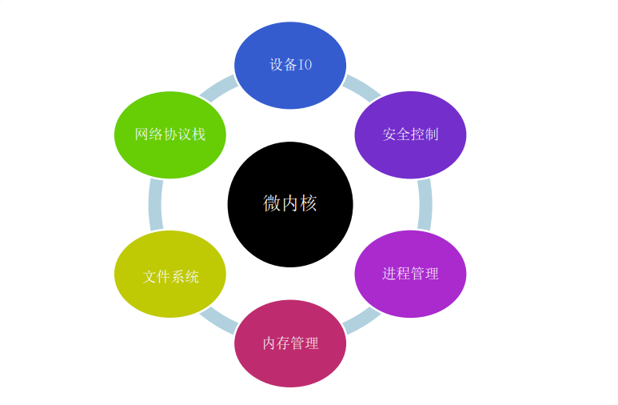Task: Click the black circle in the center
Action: click(290, 232)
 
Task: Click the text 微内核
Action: click(290, 203)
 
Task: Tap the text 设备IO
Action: click(290, 65)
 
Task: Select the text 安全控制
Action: click(410, 134)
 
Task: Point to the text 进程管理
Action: click(410, 274)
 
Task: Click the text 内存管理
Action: click(290, 343)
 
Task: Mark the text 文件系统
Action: click(170, 277)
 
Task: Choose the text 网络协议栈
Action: click(170, 134)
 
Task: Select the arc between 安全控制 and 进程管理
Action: click(425, 204)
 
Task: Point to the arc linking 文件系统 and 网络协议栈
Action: click(155, 204)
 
